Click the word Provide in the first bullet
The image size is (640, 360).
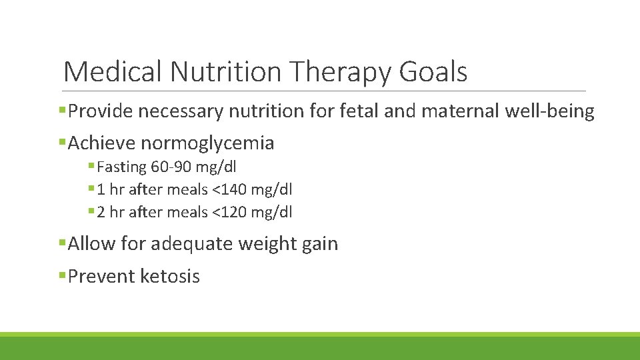coord(99,111)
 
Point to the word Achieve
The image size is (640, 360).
coord(102,143)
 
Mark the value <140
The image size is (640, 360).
coord(231,190)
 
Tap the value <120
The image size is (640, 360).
coord(231,213)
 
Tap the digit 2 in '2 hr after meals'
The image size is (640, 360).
coord(101,213)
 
